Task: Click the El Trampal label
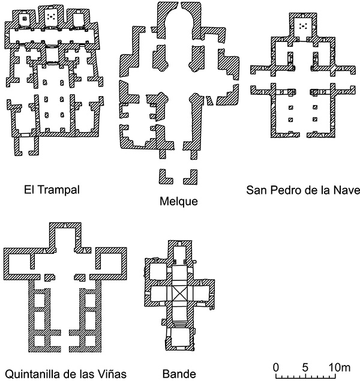click(52, 190)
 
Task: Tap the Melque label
click(179, 201)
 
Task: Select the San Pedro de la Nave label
click(303, 190)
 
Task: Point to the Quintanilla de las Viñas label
click(65, 374)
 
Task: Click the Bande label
click(179, 374)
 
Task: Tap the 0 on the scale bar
click(276, 367)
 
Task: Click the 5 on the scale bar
click(305, 367)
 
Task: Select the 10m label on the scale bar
click(340, 367)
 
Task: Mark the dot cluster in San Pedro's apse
click(303, 26)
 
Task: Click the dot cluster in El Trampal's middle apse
click(51, 17)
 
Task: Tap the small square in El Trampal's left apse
click(24, 18)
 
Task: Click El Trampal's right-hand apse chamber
click(79, 19)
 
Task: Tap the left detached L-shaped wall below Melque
click(166, 176)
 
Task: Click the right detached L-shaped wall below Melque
click(191, 177)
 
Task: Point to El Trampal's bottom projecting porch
click(26, 146)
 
